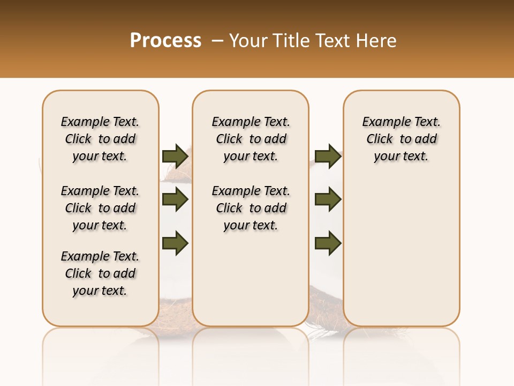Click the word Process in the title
point(165,41)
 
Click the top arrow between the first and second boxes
point(175,156)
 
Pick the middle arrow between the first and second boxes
point(175,199)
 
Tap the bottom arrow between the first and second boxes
point(175,243)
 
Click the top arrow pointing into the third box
point(328,156)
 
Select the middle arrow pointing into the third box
point(328,199)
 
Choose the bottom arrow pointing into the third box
point(328,243)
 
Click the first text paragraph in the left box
point(100,139)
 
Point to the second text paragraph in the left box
point(100,208)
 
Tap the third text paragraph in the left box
point(100,273)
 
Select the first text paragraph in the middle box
point(251,139)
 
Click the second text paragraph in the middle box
point(251,208)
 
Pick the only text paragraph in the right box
point(402,139)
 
